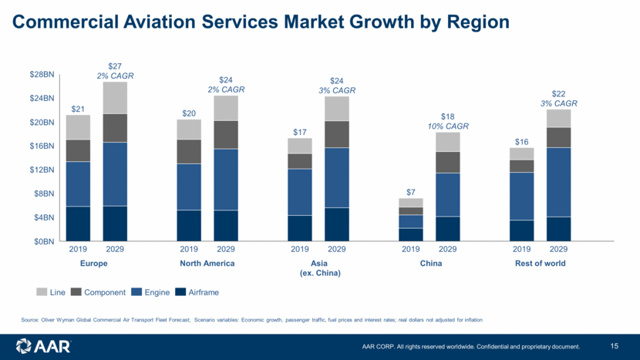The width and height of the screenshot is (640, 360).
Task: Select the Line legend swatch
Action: pyautogui.click(x=42, y=293)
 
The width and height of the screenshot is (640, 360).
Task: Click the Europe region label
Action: pyautogui.click(x=94, y=264)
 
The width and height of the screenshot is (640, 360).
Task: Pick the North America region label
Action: pyautogui.click(x=207, y=264)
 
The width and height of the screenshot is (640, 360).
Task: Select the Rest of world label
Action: pyautogui.click(x=540, y=264)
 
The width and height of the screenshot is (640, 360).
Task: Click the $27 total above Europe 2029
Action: pyautogui.click(x=115, y=66)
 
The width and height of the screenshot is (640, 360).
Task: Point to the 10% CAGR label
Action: pyautogui.click(x=447, y=126)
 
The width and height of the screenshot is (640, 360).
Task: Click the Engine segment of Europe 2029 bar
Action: pyautogui.click(x=115, y=174)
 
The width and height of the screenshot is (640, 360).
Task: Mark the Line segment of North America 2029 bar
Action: pyautogui.click(x=226, y=108)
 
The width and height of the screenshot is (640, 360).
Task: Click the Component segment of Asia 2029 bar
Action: pyautogui.click(x=337, y=134)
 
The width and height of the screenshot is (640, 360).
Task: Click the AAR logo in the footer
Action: pyautogui.click(x=43, y=346)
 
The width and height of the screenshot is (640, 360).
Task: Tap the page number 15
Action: pyautogui.click(x=615, y=345)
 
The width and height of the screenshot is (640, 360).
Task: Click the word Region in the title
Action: pyautogui.click(x=472, y=22)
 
